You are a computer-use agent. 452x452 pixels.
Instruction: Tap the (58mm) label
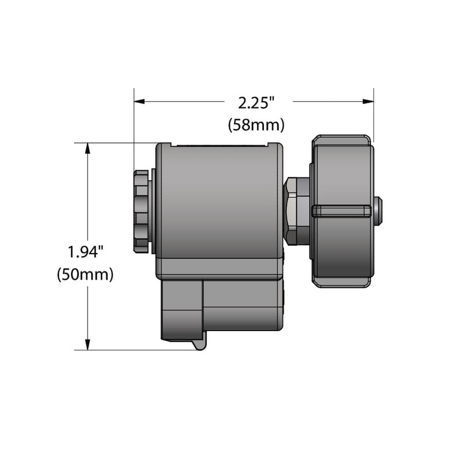click(x=257, y=125)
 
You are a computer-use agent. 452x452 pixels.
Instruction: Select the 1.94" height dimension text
click(x=85, y=251)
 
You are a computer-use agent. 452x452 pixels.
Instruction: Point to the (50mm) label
click(x=85, y=275)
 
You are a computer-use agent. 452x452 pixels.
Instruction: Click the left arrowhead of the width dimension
click(x=140, y=102)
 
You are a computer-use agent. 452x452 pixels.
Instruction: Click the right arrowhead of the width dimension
click(x=368, y=102)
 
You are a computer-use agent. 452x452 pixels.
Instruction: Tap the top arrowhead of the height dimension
click(x=88, y=149)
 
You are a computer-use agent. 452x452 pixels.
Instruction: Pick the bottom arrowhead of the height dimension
click(x=88, y=345)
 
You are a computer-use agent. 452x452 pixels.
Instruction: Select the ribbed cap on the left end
click(x=141, y=211)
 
